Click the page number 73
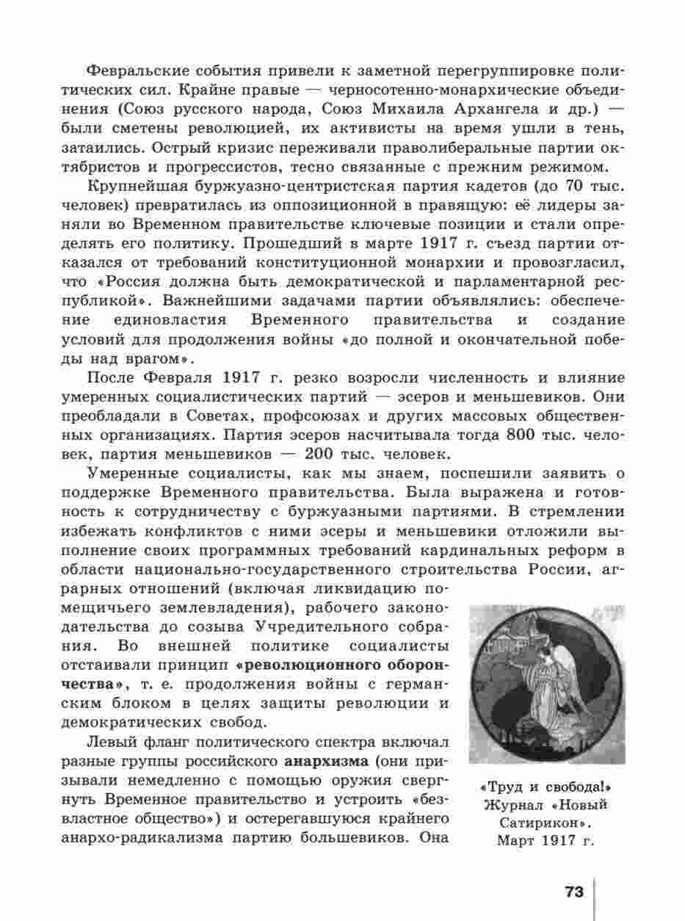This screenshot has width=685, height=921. pyautogui.click(x=574, y=892)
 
